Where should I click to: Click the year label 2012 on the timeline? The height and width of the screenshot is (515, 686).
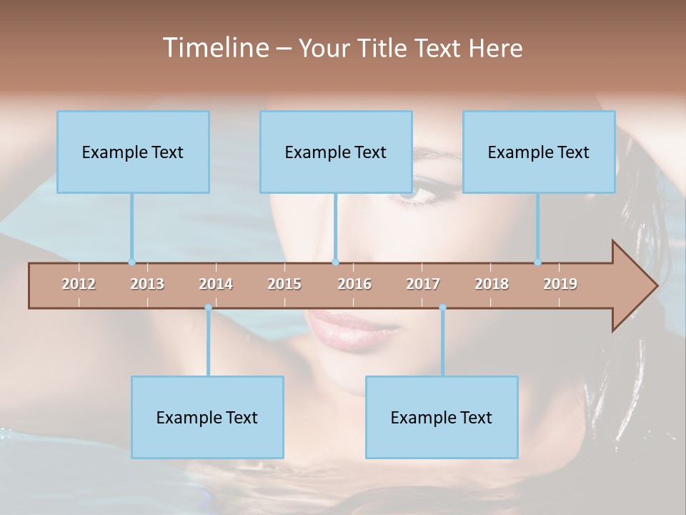point(79,284)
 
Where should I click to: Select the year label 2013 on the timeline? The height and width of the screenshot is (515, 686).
point(147,284)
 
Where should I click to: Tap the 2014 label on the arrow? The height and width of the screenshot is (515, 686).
point(216,284)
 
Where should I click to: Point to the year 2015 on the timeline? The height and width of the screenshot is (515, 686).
point(284,284)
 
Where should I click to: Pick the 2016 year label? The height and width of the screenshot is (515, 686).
point(354,284)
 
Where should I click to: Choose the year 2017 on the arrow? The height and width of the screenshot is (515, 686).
point(423,284)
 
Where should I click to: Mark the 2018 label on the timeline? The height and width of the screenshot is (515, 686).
point(492,284)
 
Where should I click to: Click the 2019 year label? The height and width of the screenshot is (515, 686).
point(560,284)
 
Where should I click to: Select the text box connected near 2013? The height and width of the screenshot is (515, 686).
point(133,152)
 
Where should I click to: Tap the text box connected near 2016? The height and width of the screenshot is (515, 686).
point(336,152)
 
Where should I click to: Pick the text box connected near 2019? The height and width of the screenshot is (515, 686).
point(539,152)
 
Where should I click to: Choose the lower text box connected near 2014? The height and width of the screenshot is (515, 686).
point(207,417)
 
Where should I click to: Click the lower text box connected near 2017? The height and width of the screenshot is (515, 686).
point(442,417)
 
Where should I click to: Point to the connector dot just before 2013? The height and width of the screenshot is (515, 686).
point(131,262)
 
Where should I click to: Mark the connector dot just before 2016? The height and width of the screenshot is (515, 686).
point(335,262)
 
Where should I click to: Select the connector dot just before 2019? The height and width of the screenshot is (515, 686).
point(537,262)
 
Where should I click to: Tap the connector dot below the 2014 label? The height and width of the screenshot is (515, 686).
point(208,308)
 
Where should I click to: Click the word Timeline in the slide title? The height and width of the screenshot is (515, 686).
point(214,48)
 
